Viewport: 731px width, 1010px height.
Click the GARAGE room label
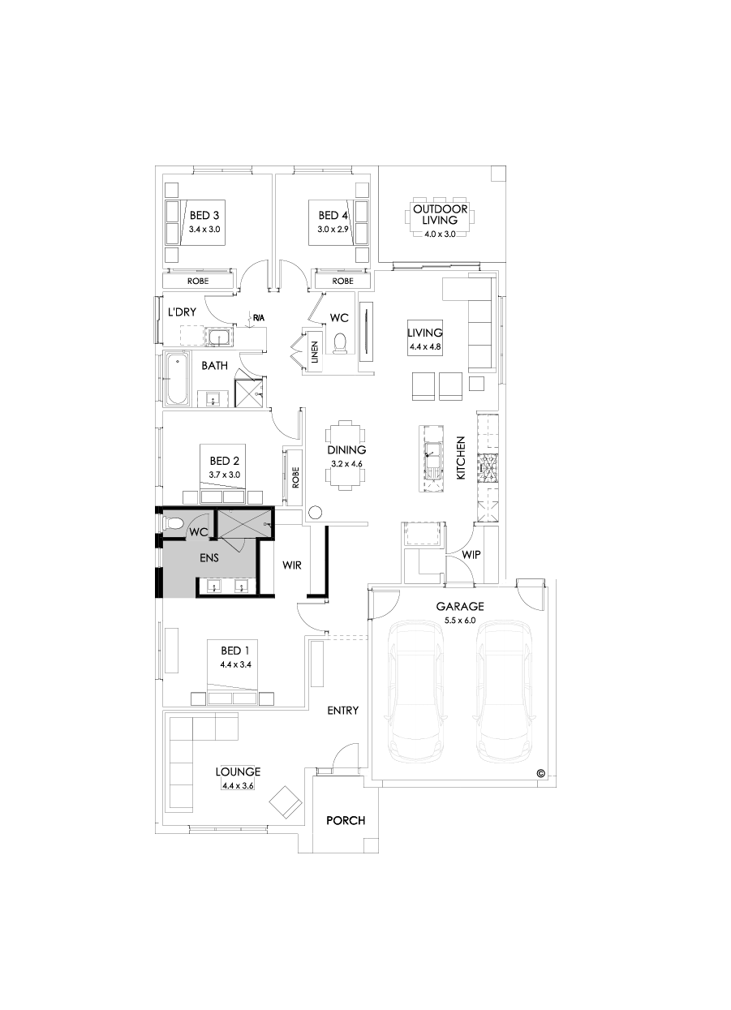[460, 606]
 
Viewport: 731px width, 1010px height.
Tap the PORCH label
[346, 820]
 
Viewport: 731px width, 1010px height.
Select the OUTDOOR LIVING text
[441, 214]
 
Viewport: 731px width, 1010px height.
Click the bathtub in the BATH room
[176, 378]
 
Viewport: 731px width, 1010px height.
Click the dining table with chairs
[346, 454]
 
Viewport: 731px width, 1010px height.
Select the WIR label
[292, 565]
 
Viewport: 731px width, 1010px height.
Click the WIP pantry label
[472, 556]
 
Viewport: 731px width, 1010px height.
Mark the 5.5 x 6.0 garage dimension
[459, 620]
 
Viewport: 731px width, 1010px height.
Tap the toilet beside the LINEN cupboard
[340, 343]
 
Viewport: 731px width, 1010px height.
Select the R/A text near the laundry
[258, 317]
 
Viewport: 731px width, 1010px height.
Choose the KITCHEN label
[460, 458]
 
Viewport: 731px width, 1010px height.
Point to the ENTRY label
[342, 711]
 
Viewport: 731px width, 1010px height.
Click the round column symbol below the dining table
[316, 512]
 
